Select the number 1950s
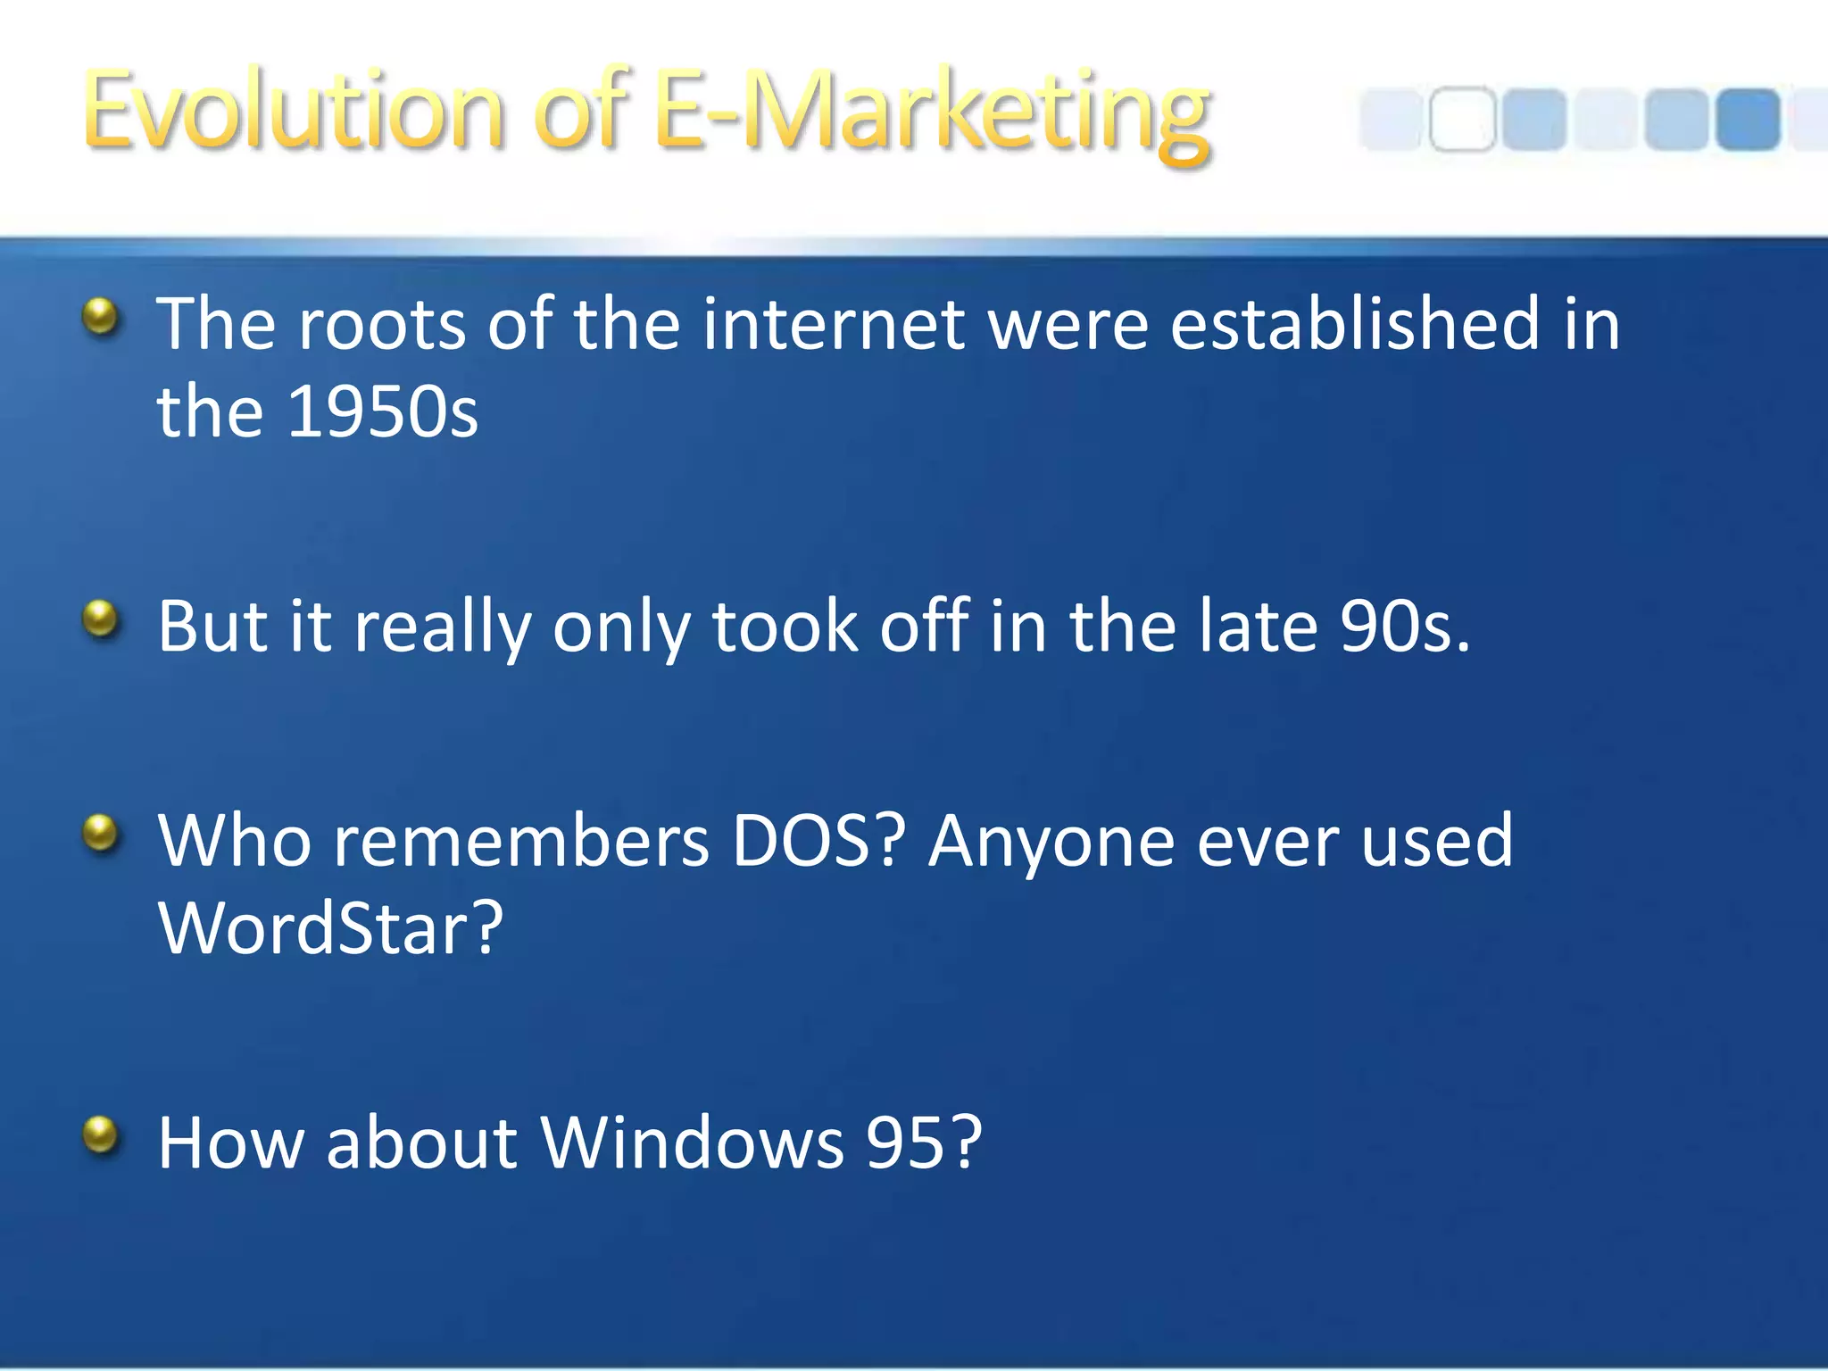[x=383, y=412]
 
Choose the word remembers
[x=521, y=841]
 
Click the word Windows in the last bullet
[x=692, y=1142]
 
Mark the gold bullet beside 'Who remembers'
[x=101, y=834]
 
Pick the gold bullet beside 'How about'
[x=101, y=1135]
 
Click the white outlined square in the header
[x=1461, y=120]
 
